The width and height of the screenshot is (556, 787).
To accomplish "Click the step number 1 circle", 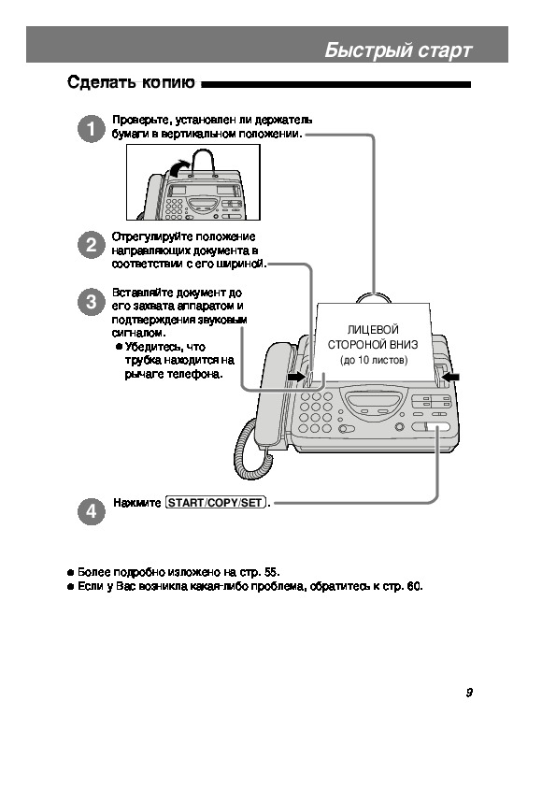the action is click(92, 129).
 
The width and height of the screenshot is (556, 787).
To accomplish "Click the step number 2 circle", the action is click(92, 245).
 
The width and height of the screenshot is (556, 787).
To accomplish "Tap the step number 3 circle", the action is click(92, 302).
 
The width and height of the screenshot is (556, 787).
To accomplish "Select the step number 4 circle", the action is click(92, 511).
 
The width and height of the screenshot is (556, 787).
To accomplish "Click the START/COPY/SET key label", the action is click(215, 503).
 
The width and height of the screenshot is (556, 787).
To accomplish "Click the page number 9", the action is click(469, 693).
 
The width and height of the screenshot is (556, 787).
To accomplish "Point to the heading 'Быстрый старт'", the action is click(398, 50).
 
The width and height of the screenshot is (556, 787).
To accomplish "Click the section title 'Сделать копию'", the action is click(131, 82).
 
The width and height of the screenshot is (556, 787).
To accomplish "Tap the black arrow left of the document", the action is click(297, 377).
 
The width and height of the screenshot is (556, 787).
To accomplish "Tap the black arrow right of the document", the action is click(451, 377).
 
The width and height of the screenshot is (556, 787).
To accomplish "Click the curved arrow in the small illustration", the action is click(179, 167).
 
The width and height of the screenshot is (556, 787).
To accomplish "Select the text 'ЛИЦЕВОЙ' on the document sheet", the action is click(373, 330).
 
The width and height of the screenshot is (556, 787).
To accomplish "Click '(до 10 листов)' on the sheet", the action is click(374, 360).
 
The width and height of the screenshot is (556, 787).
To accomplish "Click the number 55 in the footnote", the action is click(271, 572).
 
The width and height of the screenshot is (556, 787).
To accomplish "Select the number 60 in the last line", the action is click(414, 586).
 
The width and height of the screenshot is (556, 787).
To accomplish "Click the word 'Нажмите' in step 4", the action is click(137, 503).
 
